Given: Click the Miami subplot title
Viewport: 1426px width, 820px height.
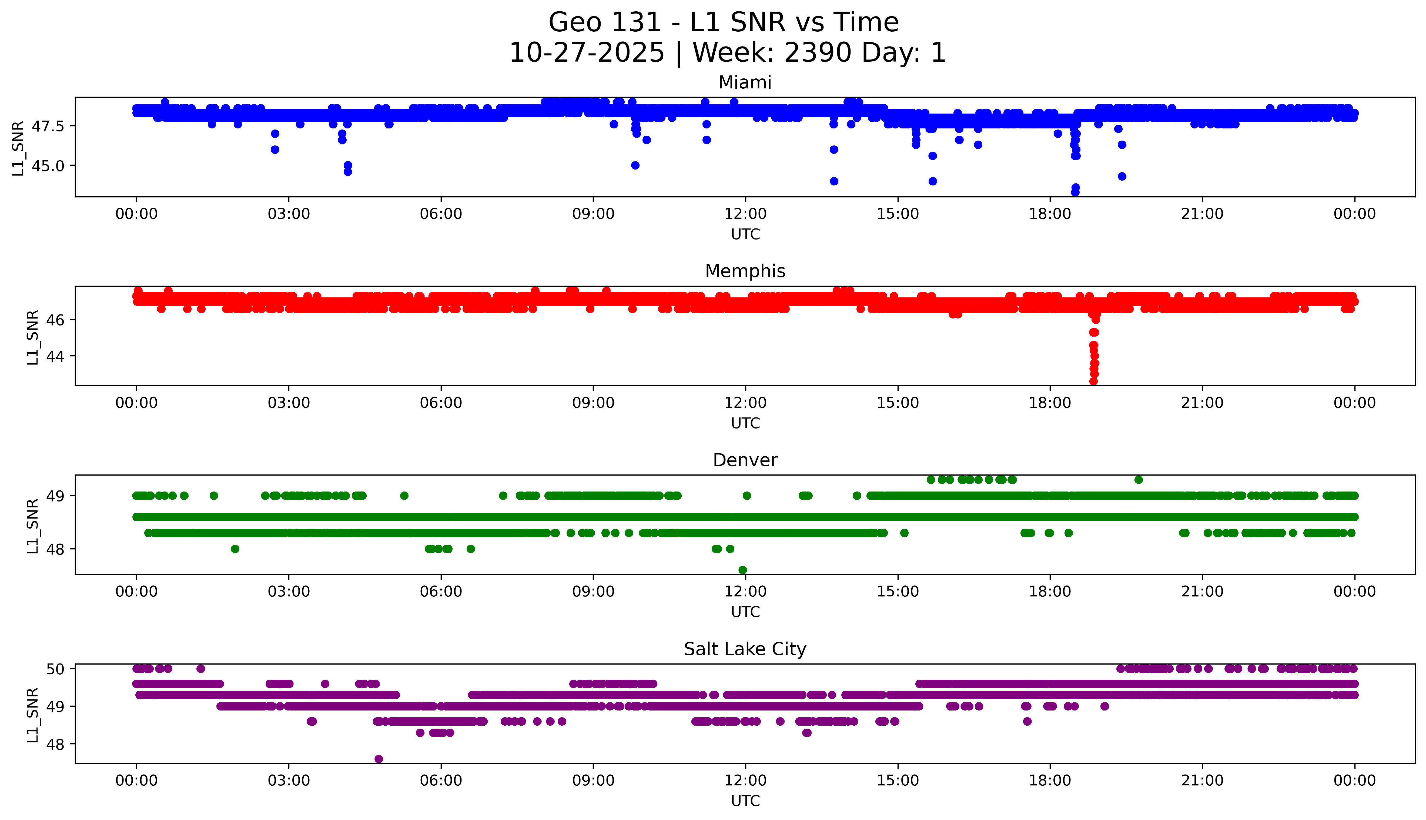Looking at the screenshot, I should point(745,83).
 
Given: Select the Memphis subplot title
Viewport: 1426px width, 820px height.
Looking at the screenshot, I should point(745,271).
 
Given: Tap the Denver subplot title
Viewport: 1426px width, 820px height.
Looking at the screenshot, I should point(745,460).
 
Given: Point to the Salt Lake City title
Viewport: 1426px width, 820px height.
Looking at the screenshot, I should point(745,649).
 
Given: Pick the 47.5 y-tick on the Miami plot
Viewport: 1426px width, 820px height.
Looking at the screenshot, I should point(48,126).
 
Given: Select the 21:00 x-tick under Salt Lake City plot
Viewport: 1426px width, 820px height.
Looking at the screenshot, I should point(1202,781).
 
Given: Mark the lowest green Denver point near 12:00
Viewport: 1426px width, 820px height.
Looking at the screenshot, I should point(742,570).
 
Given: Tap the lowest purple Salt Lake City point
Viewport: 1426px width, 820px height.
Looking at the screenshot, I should point(379,759).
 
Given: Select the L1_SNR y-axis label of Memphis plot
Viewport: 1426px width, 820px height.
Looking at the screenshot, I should point(33,337).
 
